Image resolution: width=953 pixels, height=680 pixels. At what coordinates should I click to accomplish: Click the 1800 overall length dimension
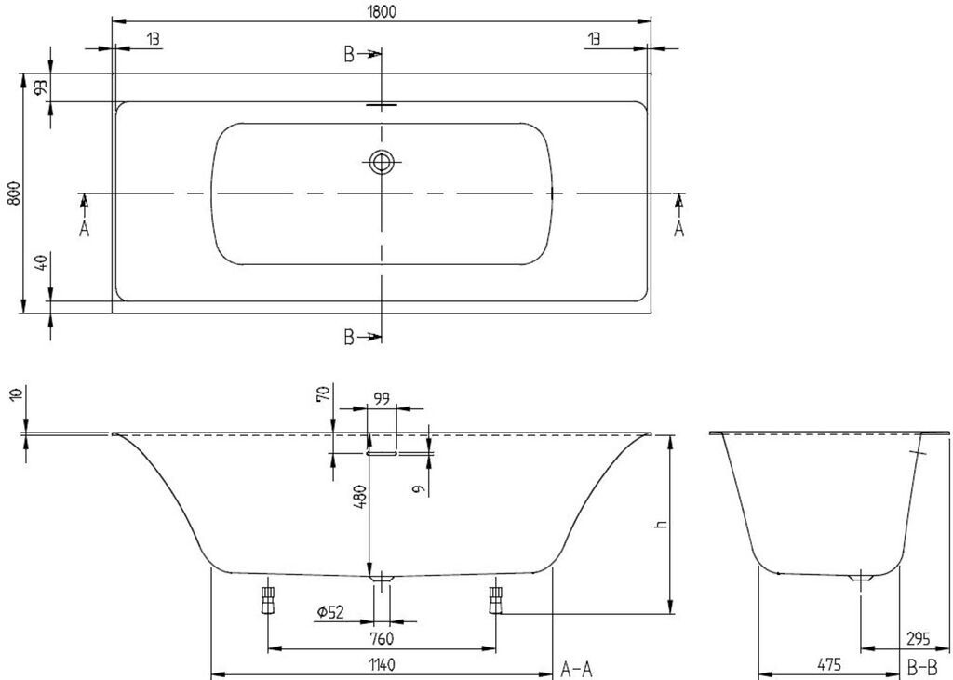tap(381, 9)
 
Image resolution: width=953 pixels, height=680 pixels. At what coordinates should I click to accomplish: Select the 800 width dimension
tap(12, 193)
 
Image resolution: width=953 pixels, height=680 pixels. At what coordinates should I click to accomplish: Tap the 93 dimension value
tap(41, 88)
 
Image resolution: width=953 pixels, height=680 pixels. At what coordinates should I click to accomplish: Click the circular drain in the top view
tap(381, 163)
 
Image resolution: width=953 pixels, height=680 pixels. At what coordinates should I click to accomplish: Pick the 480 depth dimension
tap(359, 503)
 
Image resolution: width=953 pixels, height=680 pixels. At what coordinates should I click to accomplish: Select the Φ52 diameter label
tap(330, 612)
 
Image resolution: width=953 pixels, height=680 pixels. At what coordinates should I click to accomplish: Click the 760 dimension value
tap(382, 638)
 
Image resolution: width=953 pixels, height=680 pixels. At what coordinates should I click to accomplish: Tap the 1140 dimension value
tap(382, 665)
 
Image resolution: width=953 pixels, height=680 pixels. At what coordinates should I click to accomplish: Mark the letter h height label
tap(662, 525)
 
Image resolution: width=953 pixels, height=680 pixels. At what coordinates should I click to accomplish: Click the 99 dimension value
tap(383, 399)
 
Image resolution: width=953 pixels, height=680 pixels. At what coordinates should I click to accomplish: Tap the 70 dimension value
tap(324, 395)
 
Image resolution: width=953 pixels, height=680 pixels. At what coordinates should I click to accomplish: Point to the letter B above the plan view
tap(349, 55)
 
